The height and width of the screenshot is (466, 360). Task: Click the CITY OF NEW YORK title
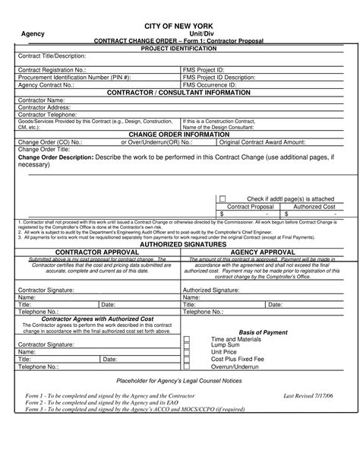click(x=180, y=25)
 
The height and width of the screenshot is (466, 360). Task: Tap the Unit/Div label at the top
click(x=181, y=35)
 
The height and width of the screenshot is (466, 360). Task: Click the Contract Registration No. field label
click(x=52, y=69)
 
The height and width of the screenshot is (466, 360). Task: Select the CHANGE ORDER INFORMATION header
click(x=180, y=134)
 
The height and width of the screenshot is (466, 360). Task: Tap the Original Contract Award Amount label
click(x=262, y=141)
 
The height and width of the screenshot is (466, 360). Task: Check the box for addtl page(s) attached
click(x=222, y=198)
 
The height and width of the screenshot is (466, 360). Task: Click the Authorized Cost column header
click(x=314, y=207)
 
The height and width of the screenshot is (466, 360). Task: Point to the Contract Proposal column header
click(x=251, y=207)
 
